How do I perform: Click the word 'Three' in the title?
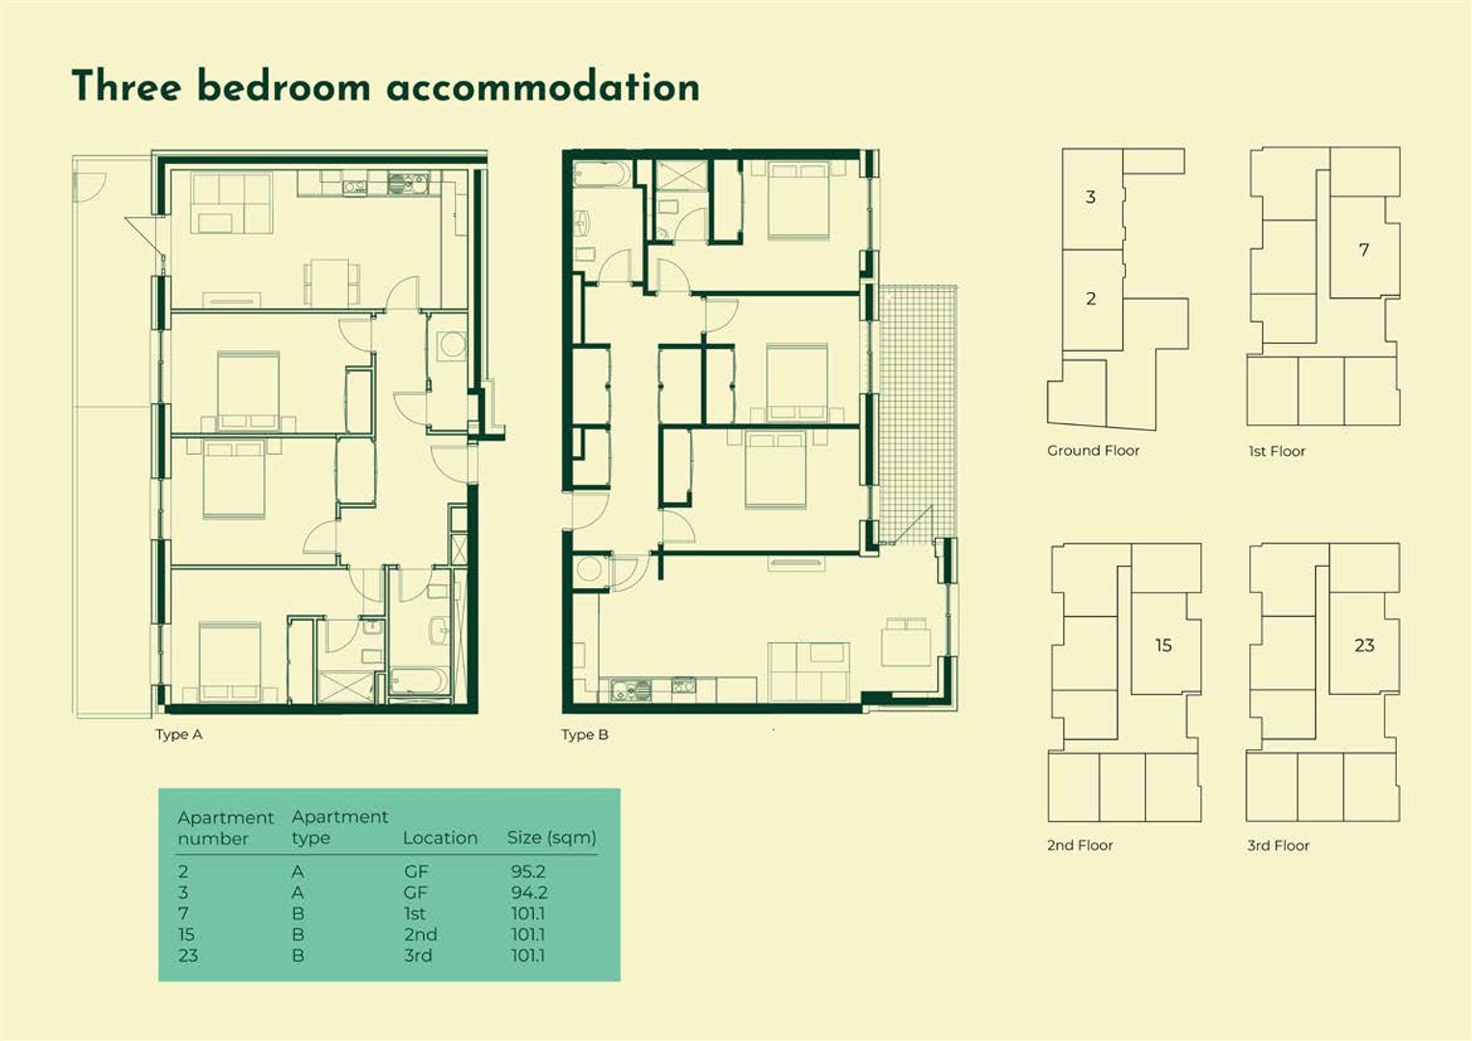pos(126,87)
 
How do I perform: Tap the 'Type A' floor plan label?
pos(178,734)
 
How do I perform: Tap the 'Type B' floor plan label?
pos(584,734)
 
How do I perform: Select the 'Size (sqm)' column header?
pos(551,838)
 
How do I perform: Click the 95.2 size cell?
pos(527,871)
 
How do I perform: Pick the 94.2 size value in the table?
pos(528,893)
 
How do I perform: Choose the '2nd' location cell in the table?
pos(420,934)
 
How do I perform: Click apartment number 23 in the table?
pos(188,955)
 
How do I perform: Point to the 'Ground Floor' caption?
pos(1092,450)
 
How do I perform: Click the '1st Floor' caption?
pos(1276,451)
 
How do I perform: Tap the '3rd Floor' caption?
pos(1277,845)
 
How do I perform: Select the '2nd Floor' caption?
pos(1080,845)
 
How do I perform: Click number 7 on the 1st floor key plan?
pos(1363,250)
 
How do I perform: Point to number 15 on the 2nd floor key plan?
pos(1164,645)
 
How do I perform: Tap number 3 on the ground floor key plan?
pos(1090,197)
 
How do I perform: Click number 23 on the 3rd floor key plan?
pos(1364,645)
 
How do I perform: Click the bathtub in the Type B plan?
pos(602,174)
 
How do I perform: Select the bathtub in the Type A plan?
pos(418,681)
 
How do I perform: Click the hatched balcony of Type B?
pos(917,405)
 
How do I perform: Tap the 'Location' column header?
pos(440,838)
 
